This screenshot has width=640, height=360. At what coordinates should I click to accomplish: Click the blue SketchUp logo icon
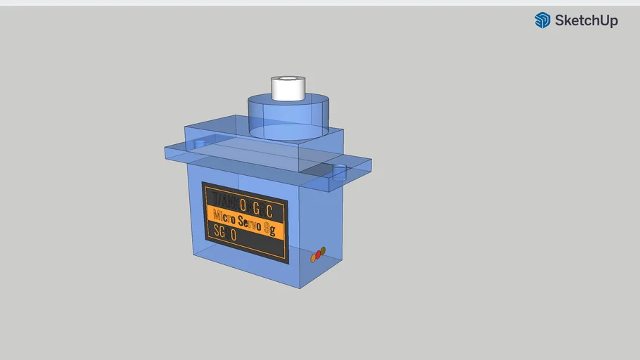(x=542, y=20)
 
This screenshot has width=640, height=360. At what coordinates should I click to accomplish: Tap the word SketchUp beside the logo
(x=586, y=20)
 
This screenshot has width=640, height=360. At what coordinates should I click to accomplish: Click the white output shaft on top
(x=287, y=88)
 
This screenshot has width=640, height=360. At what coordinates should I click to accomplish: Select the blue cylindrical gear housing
(x=288, y=116)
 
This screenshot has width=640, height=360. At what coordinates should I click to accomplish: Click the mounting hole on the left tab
(x=199, y=144)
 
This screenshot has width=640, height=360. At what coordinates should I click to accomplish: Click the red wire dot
(x=318, y=254)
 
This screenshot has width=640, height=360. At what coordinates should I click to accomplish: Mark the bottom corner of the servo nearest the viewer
(x=301, y=288)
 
